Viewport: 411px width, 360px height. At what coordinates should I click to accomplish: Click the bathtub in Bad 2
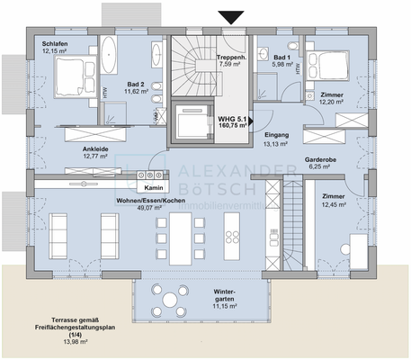point(107,55)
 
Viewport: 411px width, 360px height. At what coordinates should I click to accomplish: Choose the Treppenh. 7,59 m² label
point(232,61)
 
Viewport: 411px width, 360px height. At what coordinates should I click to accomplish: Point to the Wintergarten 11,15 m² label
point(225,297)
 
